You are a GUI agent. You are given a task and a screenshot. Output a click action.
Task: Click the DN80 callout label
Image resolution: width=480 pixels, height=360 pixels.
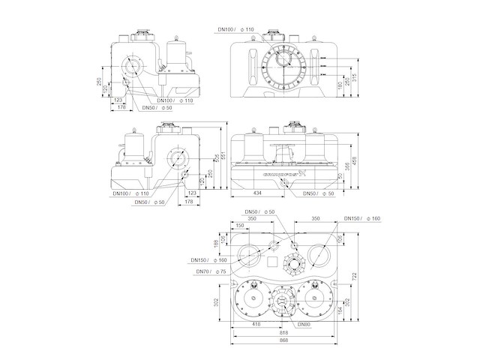[x=302, y=323]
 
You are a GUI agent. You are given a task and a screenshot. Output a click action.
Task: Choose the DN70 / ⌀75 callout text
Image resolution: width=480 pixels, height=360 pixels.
[x=212, y=271]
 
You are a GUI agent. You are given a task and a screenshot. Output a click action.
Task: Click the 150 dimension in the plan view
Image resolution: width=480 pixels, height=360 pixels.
[x=240, y=225]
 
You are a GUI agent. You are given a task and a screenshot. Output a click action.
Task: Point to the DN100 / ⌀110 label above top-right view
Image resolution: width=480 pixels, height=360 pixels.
[x=237, y=30]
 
